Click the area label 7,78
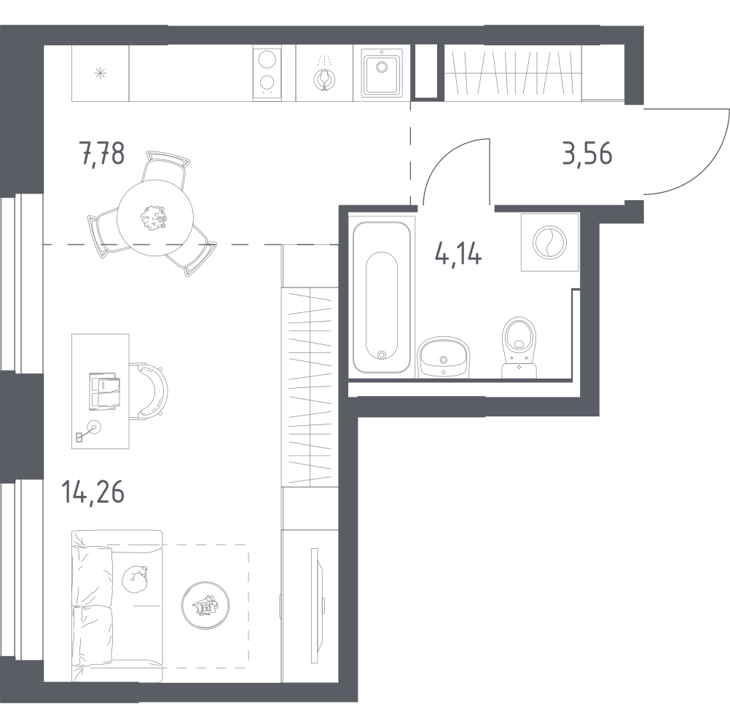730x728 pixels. click(x=103, y=154)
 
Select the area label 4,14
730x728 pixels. click(x=458, y=254)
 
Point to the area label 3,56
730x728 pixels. click(x=587, y=154)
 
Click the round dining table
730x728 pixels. click(x=155, y=218)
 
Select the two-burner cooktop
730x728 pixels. click(x=267, y=73)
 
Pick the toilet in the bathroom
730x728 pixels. click(x=519, y=347)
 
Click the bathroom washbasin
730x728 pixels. click(x=443, y=357)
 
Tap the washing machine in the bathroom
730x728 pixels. click(x=550, y=242)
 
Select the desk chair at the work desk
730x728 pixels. click(x=153, y=390)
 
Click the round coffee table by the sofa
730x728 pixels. click(x=205, y=605)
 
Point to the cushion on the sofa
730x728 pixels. click(x=135, y=579)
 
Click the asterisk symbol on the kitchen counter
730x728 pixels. click(x=100, y=73)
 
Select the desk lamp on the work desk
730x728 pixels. click(x=88, y=432)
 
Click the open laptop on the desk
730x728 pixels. click(x=105, y=391)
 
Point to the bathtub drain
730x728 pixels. click(x=382, y=355)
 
